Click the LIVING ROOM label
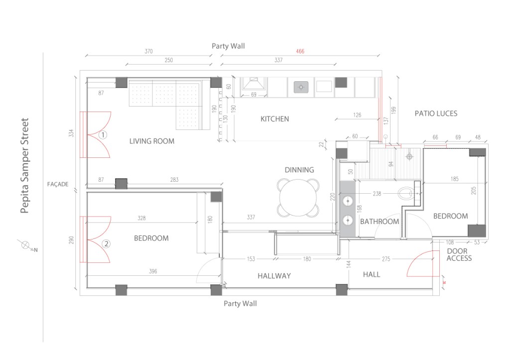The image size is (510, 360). tap(152, 141)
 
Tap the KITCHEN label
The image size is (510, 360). tap(274, 119)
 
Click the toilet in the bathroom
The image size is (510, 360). tap(407, 193)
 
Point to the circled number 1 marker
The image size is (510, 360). tap(103, 134)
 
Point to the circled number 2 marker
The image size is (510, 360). tap(106, 243)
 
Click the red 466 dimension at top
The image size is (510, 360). tap(300, 51)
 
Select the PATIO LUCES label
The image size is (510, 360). tap(436, 114)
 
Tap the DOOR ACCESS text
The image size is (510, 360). tap(459, 255)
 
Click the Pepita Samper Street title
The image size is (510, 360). tap(25, 165)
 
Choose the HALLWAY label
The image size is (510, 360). tap(274, 276)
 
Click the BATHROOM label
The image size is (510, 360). tap(380, 222)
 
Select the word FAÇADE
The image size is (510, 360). tap(57, 184)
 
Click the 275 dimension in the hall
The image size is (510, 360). tap(372, 259)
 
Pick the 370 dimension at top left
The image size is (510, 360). tap(148, 51)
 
